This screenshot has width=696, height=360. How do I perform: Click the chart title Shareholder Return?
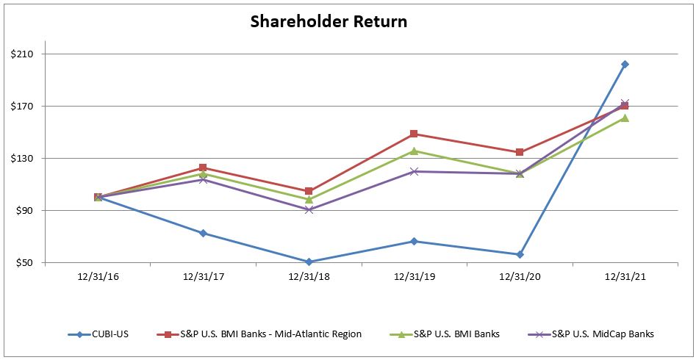tap(329, 21)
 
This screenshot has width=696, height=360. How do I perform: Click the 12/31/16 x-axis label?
tap(98, 278)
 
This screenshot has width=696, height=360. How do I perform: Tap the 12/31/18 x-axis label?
tap(309, 278)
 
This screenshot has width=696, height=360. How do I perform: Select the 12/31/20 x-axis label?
tap(520, 278)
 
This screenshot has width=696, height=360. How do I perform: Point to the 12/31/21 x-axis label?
tap(625, 278)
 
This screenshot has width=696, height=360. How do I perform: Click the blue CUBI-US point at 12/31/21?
tap(625, 65)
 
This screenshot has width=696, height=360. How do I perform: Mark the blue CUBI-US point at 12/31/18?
tap(309, 262)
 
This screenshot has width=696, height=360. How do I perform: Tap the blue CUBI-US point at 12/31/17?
tap(203, 233)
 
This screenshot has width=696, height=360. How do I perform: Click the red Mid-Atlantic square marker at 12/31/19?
tap(414, 134)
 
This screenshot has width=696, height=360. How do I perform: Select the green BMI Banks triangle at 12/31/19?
tap(414, 151)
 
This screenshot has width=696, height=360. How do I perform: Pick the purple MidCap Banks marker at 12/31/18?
tap(309, 210)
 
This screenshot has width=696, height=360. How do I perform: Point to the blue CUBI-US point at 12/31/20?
tap(520, 254)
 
